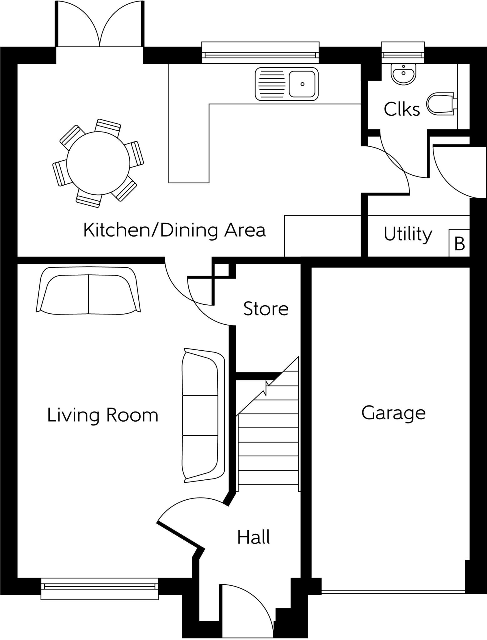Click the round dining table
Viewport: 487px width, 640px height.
[x=98, y=162]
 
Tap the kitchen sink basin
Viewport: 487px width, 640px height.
[x=302, y=84]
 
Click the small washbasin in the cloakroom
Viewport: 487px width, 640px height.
[x=403, y=74]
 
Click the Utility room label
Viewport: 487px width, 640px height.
[x=408, y=234]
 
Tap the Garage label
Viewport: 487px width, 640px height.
[x=393, y=413]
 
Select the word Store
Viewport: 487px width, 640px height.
[x=266, y=309]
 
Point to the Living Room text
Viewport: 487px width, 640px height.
[x=102, y=415]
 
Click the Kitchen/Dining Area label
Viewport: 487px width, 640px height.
[x=174, y=230]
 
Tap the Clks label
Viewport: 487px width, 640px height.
[x=402, y=109]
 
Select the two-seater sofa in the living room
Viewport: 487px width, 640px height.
[x=88, y=291]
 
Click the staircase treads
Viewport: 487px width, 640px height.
[x=268, y=450]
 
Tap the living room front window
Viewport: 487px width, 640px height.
[x=99, y=588]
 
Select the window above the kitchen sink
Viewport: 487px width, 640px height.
[x=260, y=53]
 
